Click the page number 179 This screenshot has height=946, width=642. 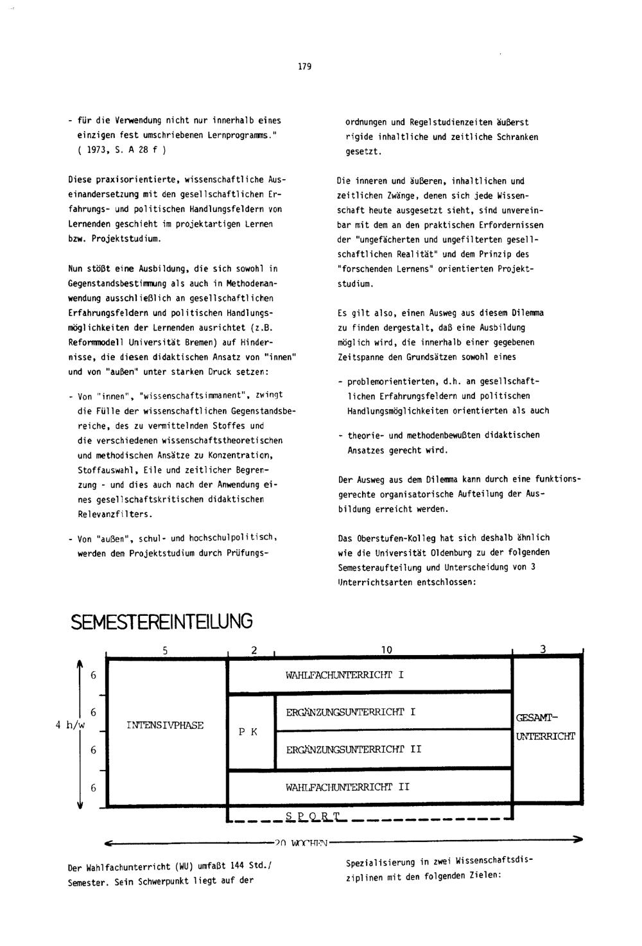305,66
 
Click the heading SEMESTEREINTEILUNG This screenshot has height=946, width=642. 161,622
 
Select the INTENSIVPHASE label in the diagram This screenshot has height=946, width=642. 165,725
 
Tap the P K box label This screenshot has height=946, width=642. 248,731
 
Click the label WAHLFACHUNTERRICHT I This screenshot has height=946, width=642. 345,675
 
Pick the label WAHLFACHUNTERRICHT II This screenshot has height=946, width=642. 347,786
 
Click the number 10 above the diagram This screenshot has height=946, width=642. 386,650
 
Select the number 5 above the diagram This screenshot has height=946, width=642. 165,650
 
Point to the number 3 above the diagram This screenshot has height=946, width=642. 543,649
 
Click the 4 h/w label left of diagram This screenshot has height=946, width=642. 71,725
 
